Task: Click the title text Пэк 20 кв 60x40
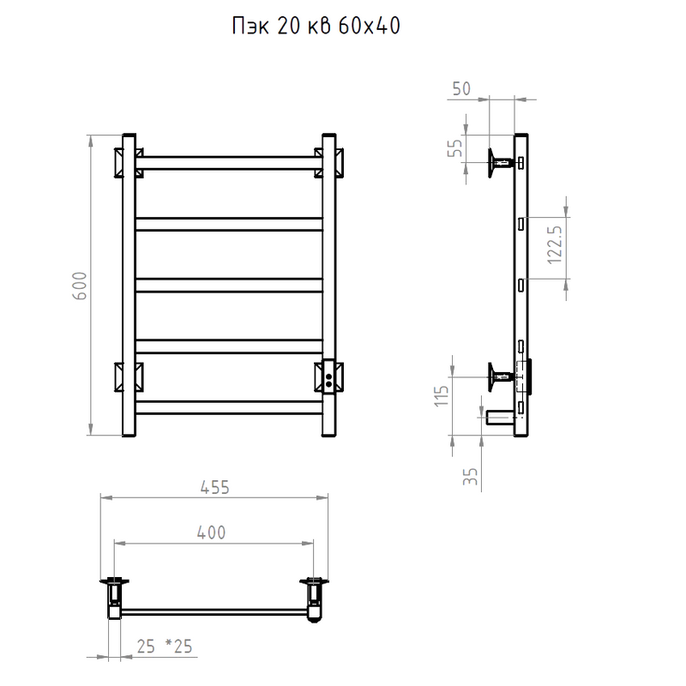point(316,27)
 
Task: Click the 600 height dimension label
point(80,286)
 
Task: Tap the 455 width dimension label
point(215,487)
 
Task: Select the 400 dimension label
point(211,533)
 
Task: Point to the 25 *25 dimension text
point(165,647)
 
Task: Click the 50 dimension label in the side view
point(461,89)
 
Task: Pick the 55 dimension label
point(455,147)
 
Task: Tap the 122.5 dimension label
point(555,244)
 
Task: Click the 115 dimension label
point(442,396)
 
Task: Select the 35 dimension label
point(470,477)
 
